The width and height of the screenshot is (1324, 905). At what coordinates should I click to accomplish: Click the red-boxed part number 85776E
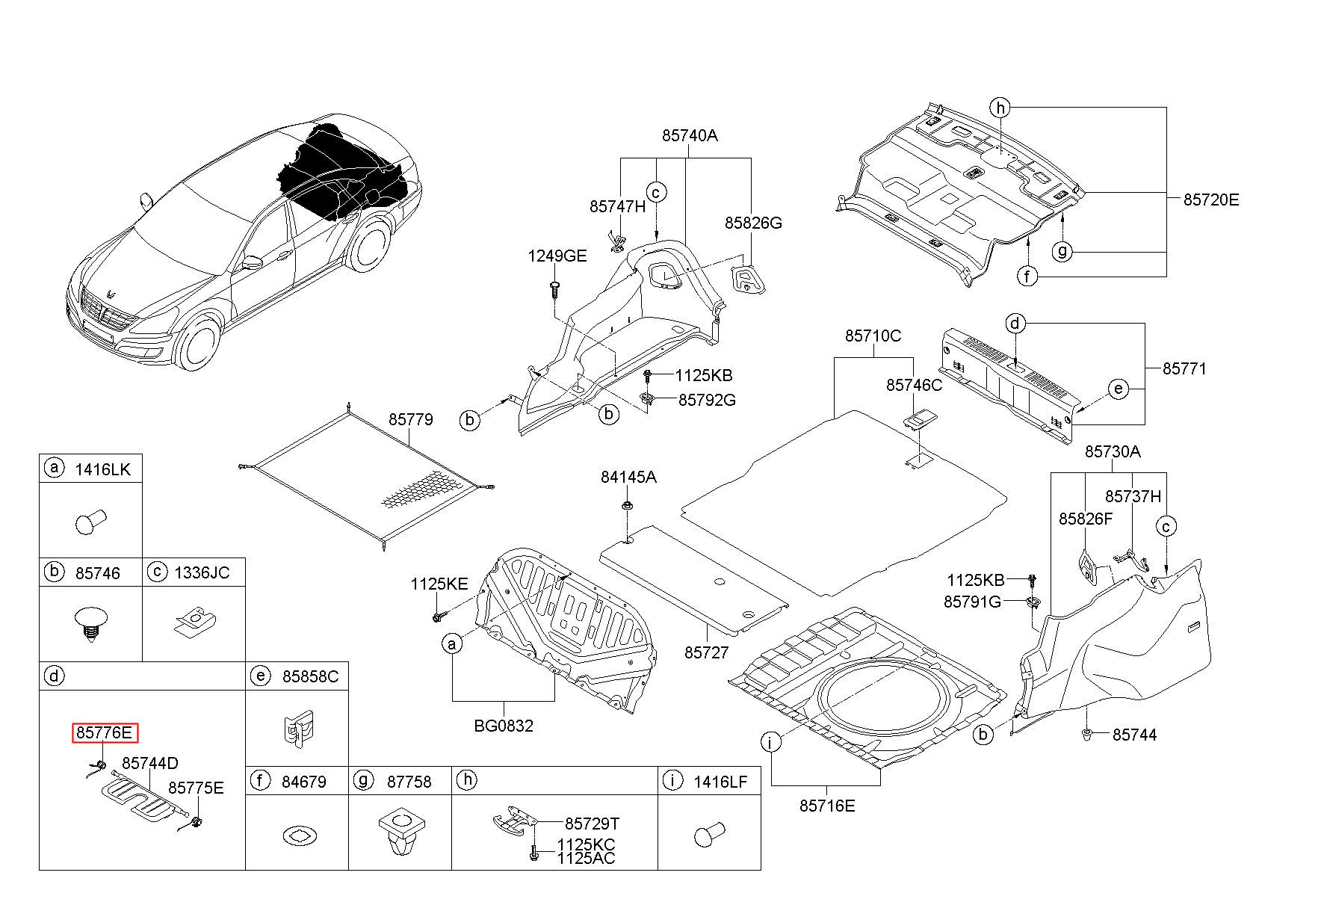[105, 733]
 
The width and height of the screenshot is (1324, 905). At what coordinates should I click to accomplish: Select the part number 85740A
[689, 135]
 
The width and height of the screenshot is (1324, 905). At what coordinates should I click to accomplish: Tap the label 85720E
[1211, 200]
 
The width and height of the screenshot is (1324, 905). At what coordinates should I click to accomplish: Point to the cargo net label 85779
[410, 419]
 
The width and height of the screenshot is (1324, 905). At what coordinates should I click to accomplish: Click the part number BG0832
[504, 726]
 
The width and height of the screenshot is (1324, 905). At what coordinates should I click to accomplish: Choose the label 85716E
[826, 806]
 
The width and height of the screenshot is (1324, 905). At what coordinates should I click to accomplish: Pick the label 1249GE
[557, 256]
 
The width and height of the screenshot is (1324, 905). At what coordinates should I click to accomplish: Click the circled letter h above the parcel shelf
[1000, 108]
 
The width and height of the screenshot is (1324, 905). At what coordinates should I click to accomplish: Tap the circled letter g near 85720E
[1062, 251]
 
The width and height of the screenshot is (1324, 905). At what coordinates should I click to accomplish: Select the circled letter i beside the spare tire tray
[770, 742]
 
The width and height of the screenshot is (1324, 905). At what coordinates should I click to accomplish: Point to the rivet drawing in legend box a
[91, 522]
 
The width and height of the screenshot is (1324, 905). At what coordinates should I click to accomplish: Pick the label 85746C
[915, 385]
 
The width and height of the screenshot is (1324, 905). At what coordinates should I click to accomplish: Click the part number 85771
[1184, 368]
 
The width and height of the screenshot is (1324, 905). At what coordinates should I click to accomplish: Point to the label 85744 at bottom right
[1134, 735]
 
